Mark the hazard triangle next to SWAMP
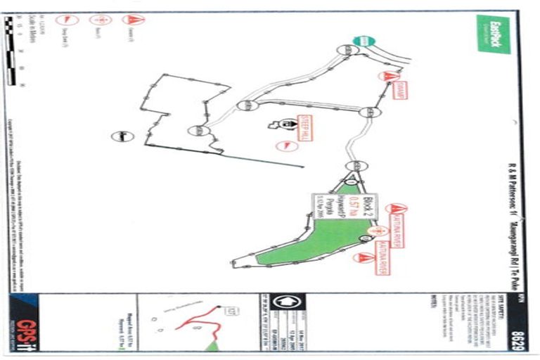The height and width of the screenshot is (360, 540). pyautogui.click(x=386, y=75)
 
